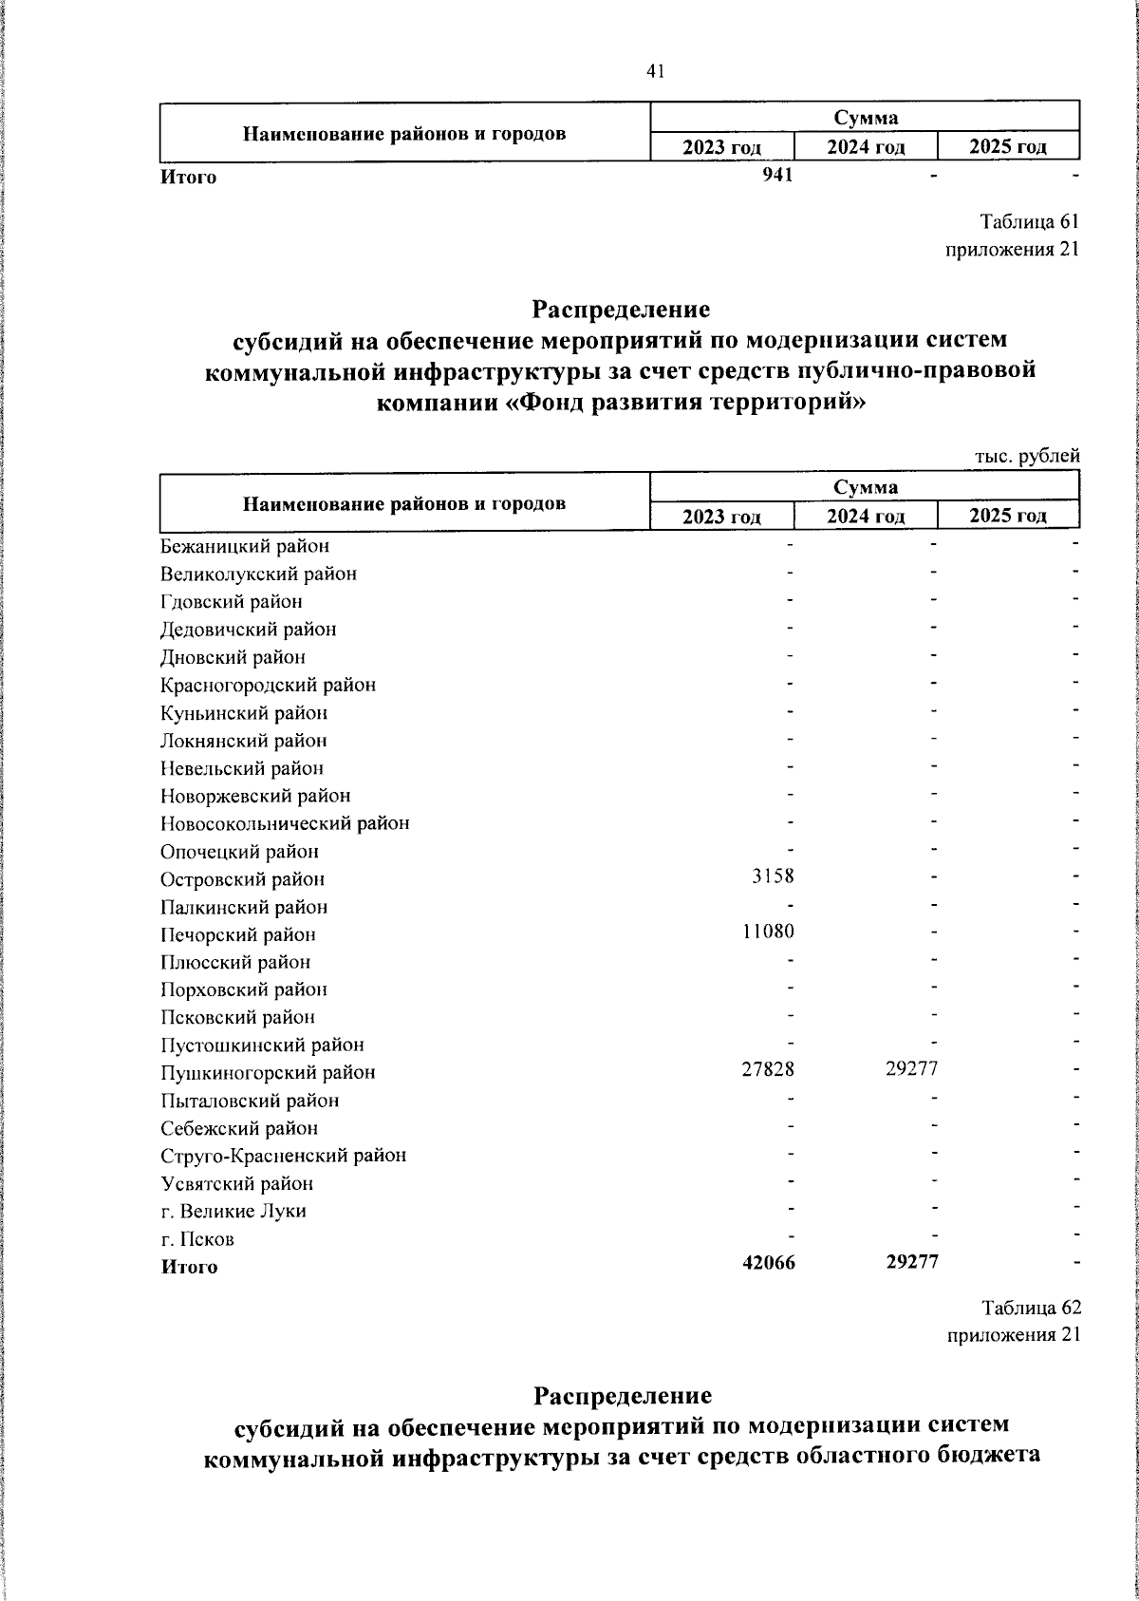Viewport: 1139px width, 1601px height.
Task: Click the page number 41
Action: [656, 71]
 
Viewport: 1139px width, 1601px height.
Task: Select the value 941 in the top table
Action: [778, 176]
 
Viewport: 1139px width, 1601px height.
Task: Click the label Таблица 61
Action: [1030, 222]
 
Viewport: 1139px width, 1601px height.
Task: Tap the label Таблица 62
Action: [1031, 1309]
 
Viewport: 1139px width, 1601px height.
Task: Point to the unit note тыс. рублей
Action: [1027, 457]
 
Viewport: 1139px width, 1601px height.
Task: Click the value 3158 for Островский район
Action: [773, 876]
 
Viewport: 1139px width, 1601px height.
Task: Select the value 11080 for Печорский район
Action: [768, 932]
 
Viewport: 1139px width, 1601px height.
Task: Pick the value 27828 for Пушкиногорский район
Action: [768, 1069]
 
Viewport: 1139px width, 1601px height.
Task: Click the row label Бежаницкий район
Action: [245, 547]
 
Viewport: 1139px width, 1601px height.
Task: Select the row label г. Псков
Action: [197, 1240]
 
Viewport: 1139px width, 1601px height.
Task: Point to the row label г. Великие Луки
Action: [233, 1212]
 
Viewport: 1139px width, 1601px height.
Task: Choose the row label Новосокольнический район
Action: [285, 824]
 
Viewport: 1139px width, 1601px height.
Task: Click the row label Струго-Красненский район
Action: [283, 1157]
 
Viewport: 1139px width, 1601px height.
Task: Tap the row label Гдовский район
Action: [232, 602]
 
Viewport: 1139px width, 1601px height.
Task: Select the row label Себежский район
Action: [239, 1129]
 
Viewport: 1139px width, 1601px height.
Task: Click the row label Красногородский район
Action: [268, 686]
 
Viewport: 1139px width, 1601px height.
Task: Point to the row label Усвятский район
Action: [236, 1184]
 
